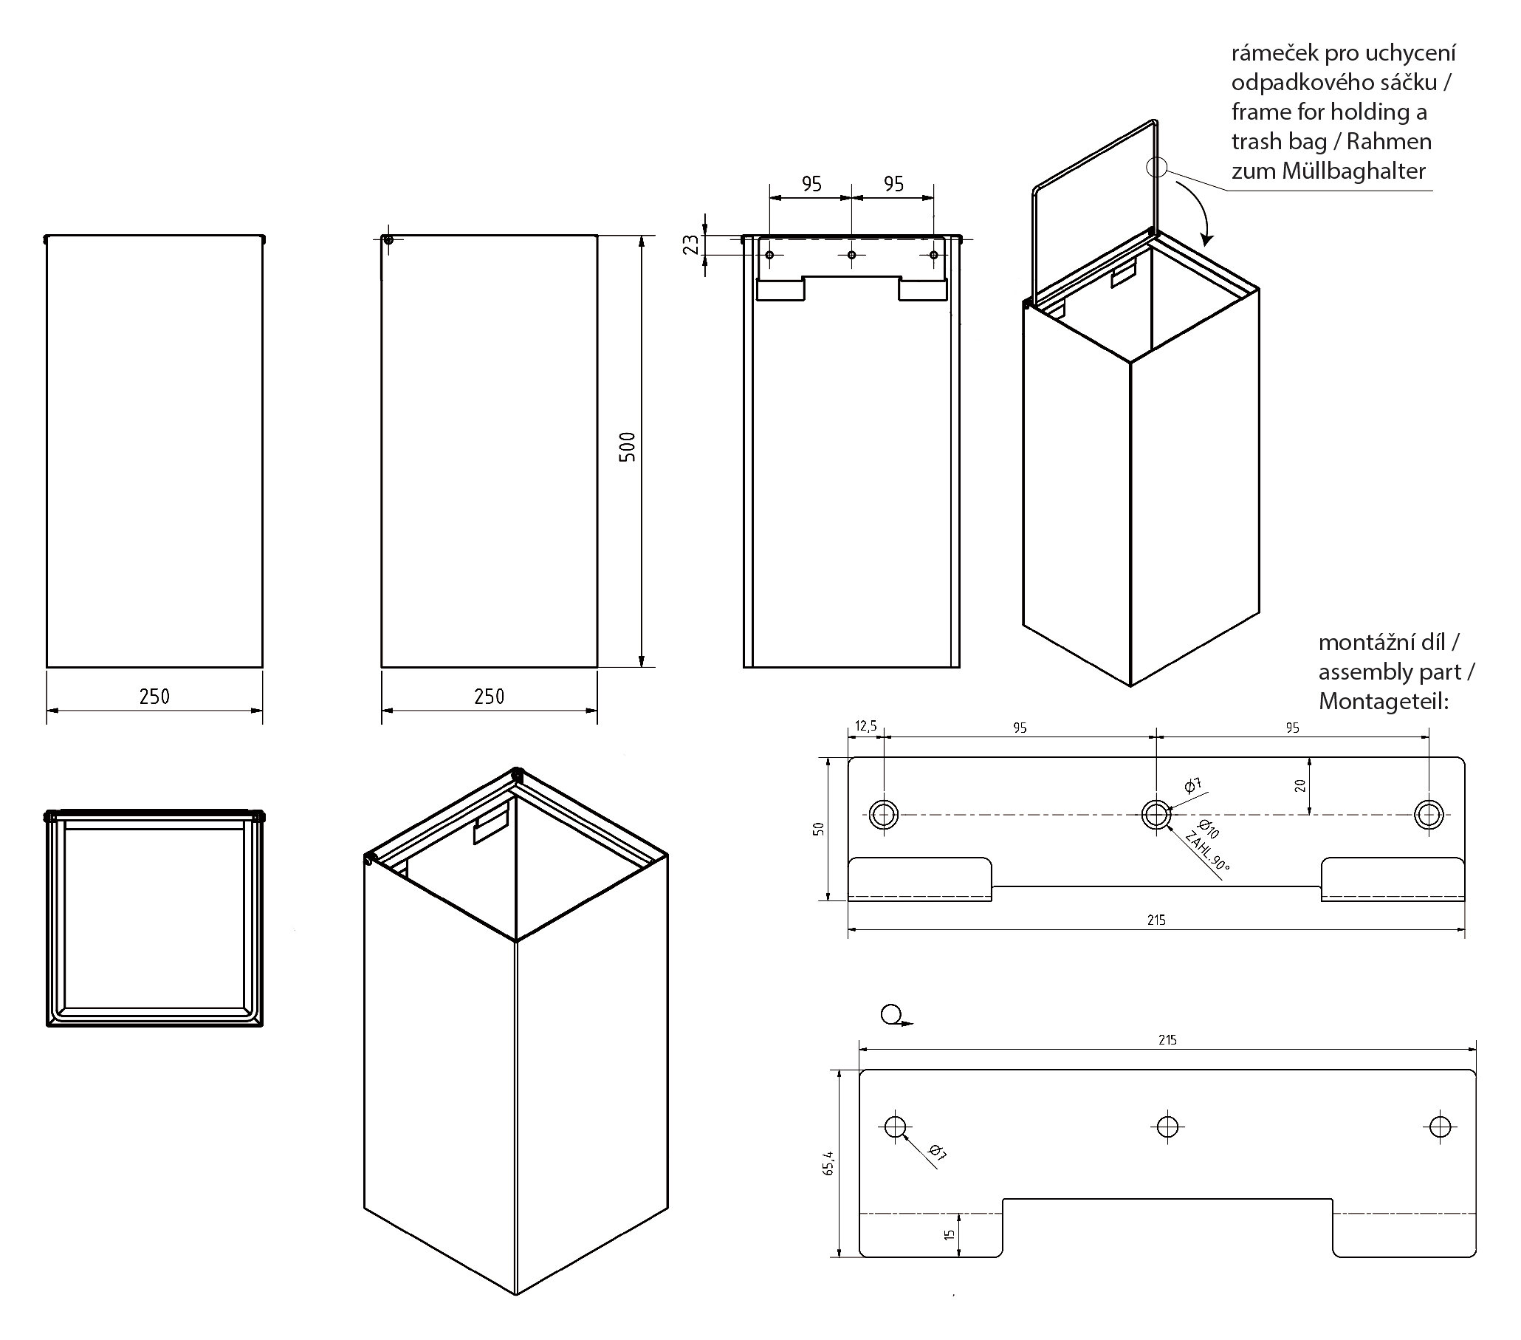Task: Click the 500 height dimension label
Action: pos(628,447)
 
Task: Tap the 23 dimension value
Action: pos(691,245)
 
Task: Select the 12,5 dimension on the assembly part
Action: pos(865,726)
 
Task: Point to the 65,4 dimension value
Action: pos(829,1163)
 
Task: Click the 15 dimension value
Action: pos(949,1234)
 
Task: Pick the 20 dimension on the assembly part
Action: pos(1300,784)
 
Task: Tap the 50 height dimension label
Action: pos(819,829)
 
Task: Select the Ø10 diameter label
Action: pos(1208,829)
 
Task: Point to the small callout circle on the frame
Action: pos(1156,167)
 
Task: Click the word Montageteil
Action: pos(1383,701)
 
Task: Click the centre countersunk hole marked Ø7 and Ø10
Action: pos(1156,815)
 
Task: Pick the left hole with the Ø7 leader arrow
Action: pos(895,1127)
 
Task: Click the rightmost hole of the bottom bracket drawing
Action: pos(1440,1127)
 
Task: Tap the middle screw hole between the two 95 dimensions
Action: pos(852,256)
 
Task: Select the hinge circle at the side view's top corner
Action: pos(388,240)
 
